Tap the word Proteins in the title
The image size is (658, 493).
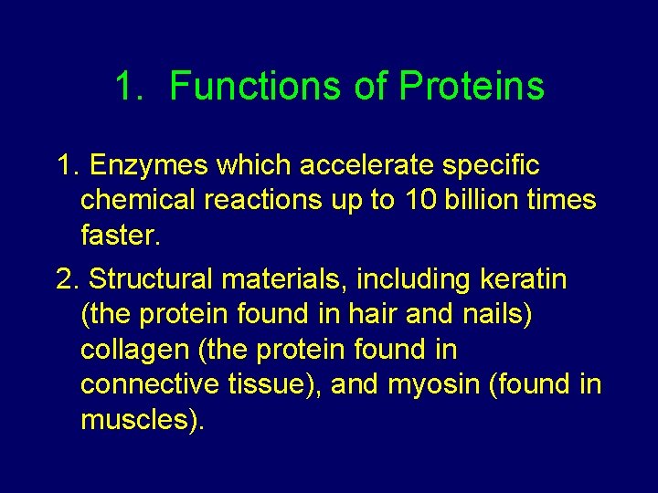coord(471,87)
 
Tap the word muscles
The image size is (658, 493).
coord(143,419)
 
